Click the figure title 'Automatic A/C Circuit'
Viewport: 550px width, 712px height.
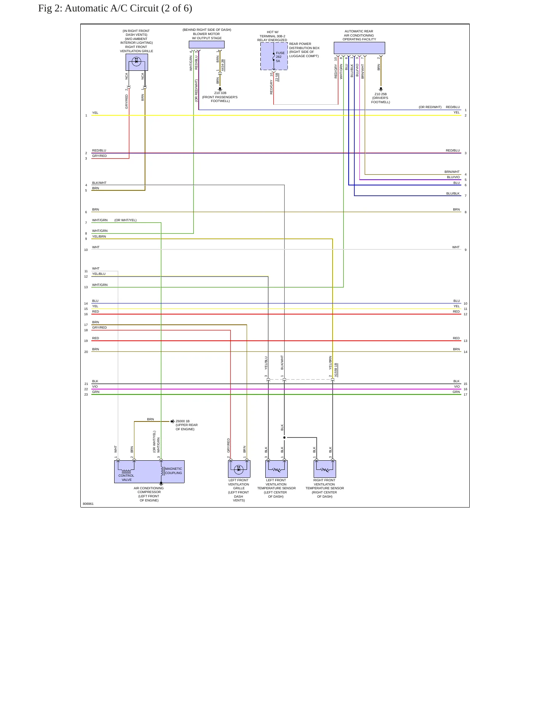[x=112, y=8]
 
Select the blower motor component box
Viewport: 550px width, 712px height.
[x=207, y=45]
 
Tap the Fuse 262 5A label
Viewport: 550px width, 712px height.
[x=280, y=57]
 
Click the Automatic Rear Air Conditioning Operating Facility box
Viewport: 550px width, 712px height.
[x=359, y=48]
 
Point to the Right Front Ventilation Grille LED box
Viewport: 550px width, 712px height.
[x=137, y=62]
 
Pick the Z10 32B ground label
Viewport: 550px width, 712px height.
[x=220, y=93]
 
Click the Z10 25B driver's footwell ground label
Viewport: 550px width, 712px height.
[x=381, y=98]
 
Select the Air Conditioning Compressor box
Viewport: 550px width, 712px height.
[x=149, y=472]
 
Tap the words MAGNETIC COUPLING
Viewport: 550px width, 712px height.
[x=174, y=471]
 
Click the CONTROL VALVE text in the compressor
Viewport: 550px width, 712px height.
[x=126, y=478]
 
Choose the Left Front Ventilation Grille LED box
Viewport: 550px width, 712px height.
[x=239, y=469]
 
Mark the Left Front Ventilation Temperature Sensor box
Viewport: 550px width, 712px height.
[x=276, y=469]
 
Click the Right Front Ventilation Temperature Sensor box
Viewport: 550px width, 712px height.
[x=325, y=469]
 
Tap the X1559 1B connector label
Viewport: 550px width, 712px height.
[x=336, y=370]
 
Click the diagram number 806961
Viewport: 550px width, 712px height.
[x=88, y=504]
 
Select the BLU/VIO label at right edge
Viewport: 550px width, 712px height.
[x=453, y=177]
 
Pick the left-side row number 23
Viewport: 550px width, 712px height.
[x=86, y=394]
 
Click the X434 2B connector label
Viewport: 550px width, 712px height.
[x=223, y=65]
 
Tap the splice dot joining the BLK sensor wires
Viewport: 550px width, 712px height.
[x=284, y=437]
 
